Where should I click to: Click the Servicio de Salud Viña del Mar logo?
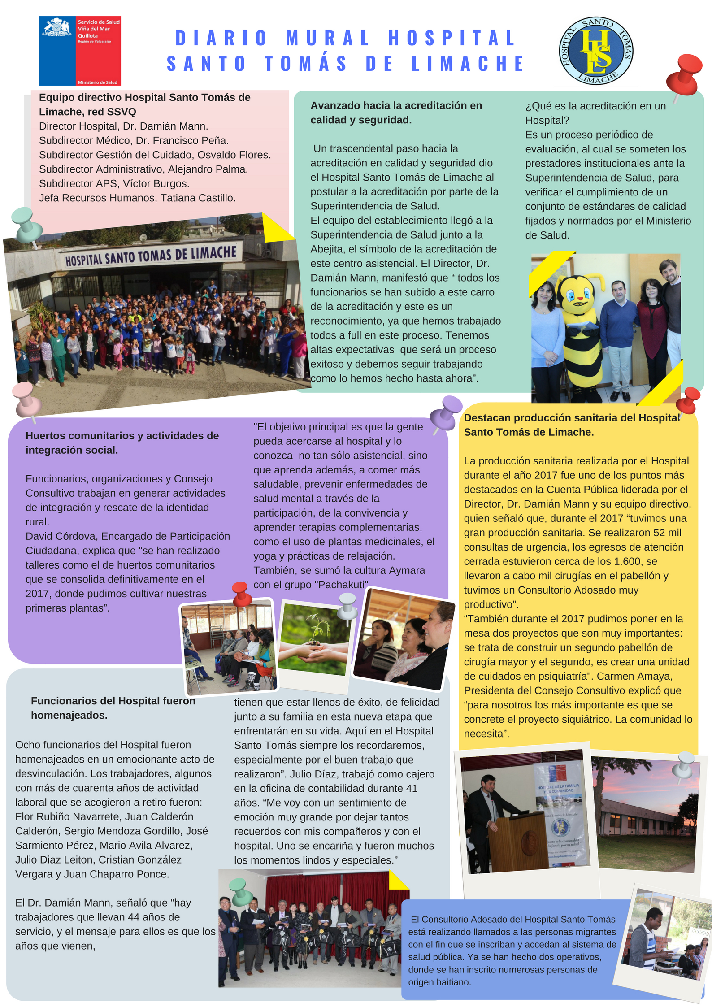[80, 51]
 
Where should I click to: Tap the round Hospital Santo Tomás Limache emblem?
[595, 51]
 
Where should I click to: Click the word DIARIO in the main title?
[221, 38]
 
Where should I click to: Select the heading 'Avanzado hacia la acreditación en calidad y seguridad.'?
[396, 113]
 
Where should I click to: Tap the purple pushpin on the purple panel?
[446, 412]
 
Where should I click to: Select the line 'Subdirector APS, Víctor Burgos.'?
[114, 183]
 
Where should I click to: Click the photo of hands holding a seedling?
[314, 639]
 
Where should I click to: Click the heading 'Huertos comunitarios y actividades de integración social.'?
[122, 443]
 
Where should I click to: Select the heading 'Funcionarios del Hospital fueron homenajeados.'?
[113, 708]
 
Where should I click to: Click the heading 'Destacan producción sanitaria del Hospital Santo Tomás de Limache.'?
[572, 425]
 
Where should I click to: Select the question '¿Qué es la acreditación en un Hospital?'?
[595, 113]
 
